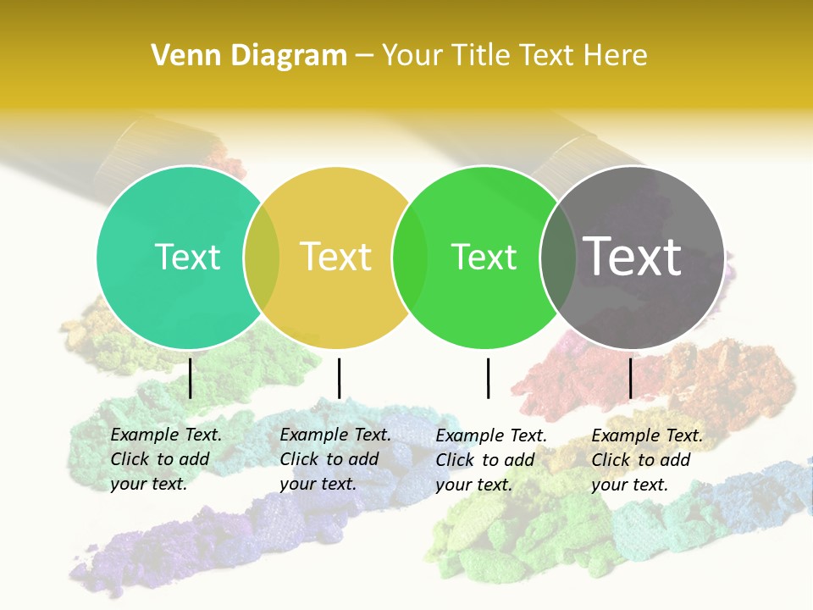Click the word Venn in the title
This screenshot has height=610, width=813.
click(x=181, y=56)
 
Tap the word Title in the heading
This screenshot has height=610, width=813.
click(x=479, y=56)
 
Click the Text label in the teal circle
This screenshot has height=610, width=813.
click(x=187, y=257)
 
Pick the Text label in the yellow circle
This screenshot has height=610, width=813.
click(x=335, y=257)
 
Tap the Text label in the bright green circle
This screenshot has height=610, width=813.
click(x=484, y=257)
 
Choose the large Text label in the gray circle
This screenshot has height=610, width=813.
click(x=632, y=257)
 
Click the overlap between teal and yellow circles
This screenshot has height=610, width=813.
click(x=262, y=257)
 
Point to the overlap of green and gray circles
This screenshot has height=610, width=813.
click(x=557, y=257)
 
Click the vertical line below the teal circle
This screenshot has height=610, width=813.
click(x=191, y=378)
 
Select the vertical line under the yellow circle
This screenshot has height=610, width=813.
click(x=339, y=378)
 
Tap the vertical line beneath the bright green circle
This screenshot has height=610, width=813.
click(x=488, y=378)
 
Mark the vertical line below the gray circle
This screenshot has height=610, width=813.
click(x=630, y=378)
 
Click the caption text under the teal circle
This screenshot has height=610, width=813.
click(x=165, y=459)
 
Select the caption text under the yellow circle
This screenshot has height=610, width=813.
click(x=335, y=459)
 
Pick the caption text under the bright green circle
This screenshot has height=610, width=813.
click(x=490, y=460)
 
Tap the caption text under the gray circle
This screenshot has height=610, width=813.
click(x=646, y=460)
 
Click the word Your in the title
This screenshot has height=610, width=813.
click(x=412, y=56)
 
